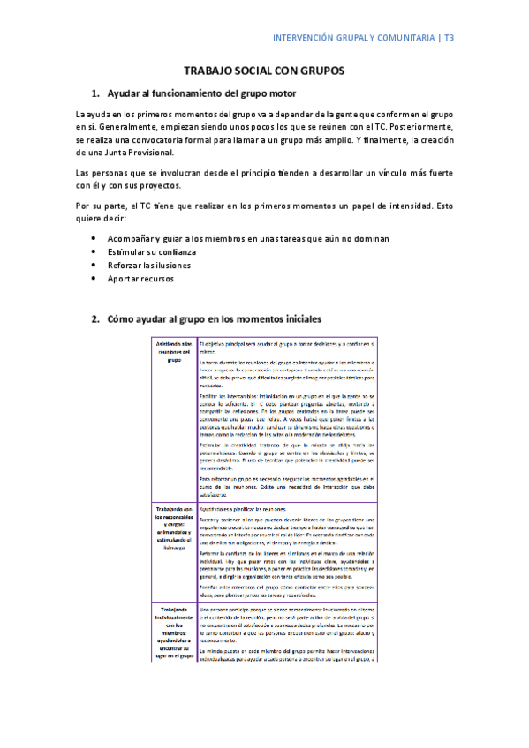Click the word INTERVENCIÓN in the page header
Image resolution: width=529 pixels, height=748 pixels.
(x=301, y=38)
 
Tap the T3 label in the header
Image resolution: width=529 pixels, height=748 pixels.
(x=472, y=38)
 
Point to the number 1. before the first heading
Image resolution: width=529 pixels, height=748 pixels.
(x=96, y=93)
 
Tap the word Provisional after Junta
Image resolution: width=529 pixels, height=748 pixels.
(x=147, y=152)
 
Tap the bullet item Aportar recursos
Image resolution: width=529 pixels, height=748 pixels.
(x=140, y=278)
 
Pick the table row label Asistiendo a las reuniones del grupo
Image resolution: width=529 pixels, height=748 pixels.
(x=173, y=351)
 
